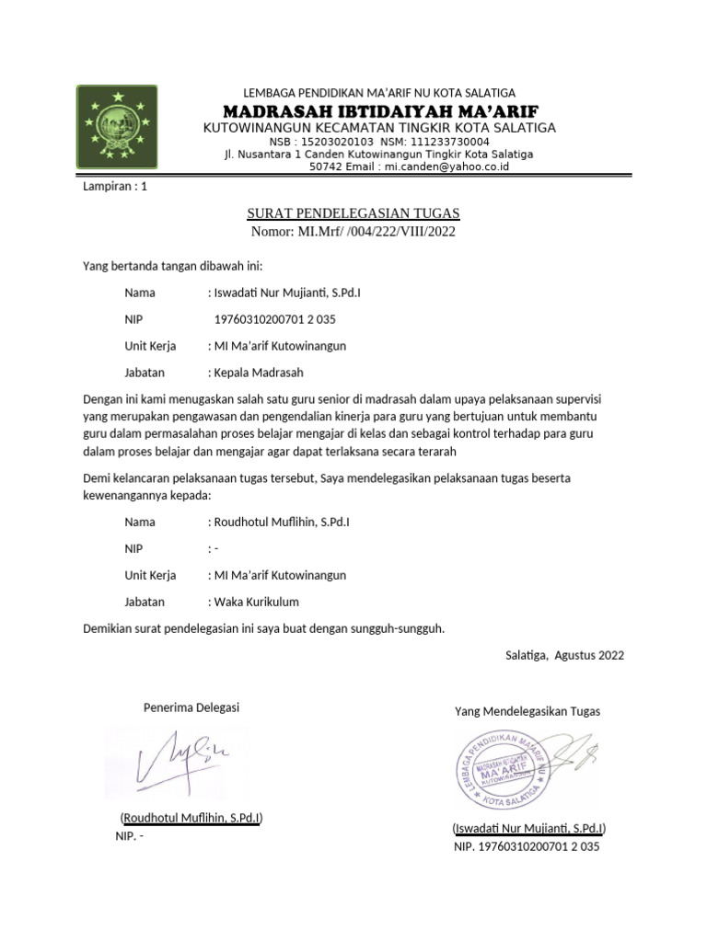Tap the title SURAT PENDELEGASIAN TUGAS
tap(353, 213)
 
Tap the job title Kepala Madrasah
tap(258, 373)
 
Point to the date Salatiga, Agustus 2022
tap(564, 655)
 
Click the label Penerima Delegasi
tap(191, 707)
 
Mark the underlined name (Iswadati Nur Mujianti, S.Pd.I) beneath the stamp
tap(535, 827)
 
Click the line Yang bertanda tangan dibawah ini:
tap(172, 267)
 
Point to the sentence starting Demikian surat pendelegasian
tap(263, 628)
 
